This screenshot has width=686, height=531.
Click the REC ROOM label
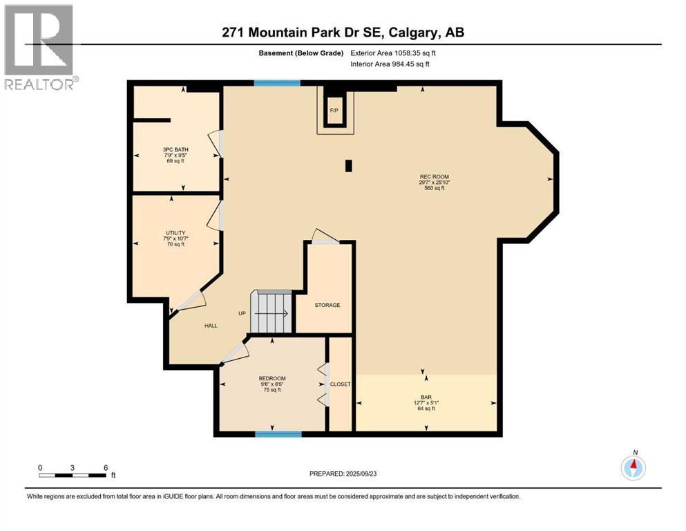pos(435,177)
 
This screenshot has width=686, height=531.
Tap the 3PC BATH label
pos(175,149)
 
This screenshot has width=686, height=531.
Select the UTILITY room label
pos(175,233)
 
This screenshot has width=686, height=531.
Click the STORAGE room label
pos(327,305)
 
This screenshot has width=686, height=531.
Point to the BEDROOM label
pos(272,378)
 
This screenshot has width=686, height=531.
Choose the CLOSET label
pos(340,384)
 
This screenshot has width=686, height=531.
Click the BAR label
pos(426,397)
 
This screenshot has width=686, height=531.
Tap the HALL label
pos(211,325)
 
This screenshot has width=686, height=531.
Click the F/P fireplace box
pos(334,111)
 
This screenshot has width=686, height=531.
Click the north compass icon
pos(633,467)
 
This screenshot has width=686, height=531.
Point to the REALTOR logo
pos(39,46)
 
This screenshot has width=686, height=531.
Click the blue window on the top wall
pos(276,83)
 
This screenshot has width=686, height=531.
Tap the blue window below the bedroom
pos(278,434)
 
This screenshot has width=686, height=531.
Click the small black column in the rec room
pos(349,165)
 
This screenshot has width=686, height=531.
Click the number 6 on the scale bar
pos(105,467)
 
